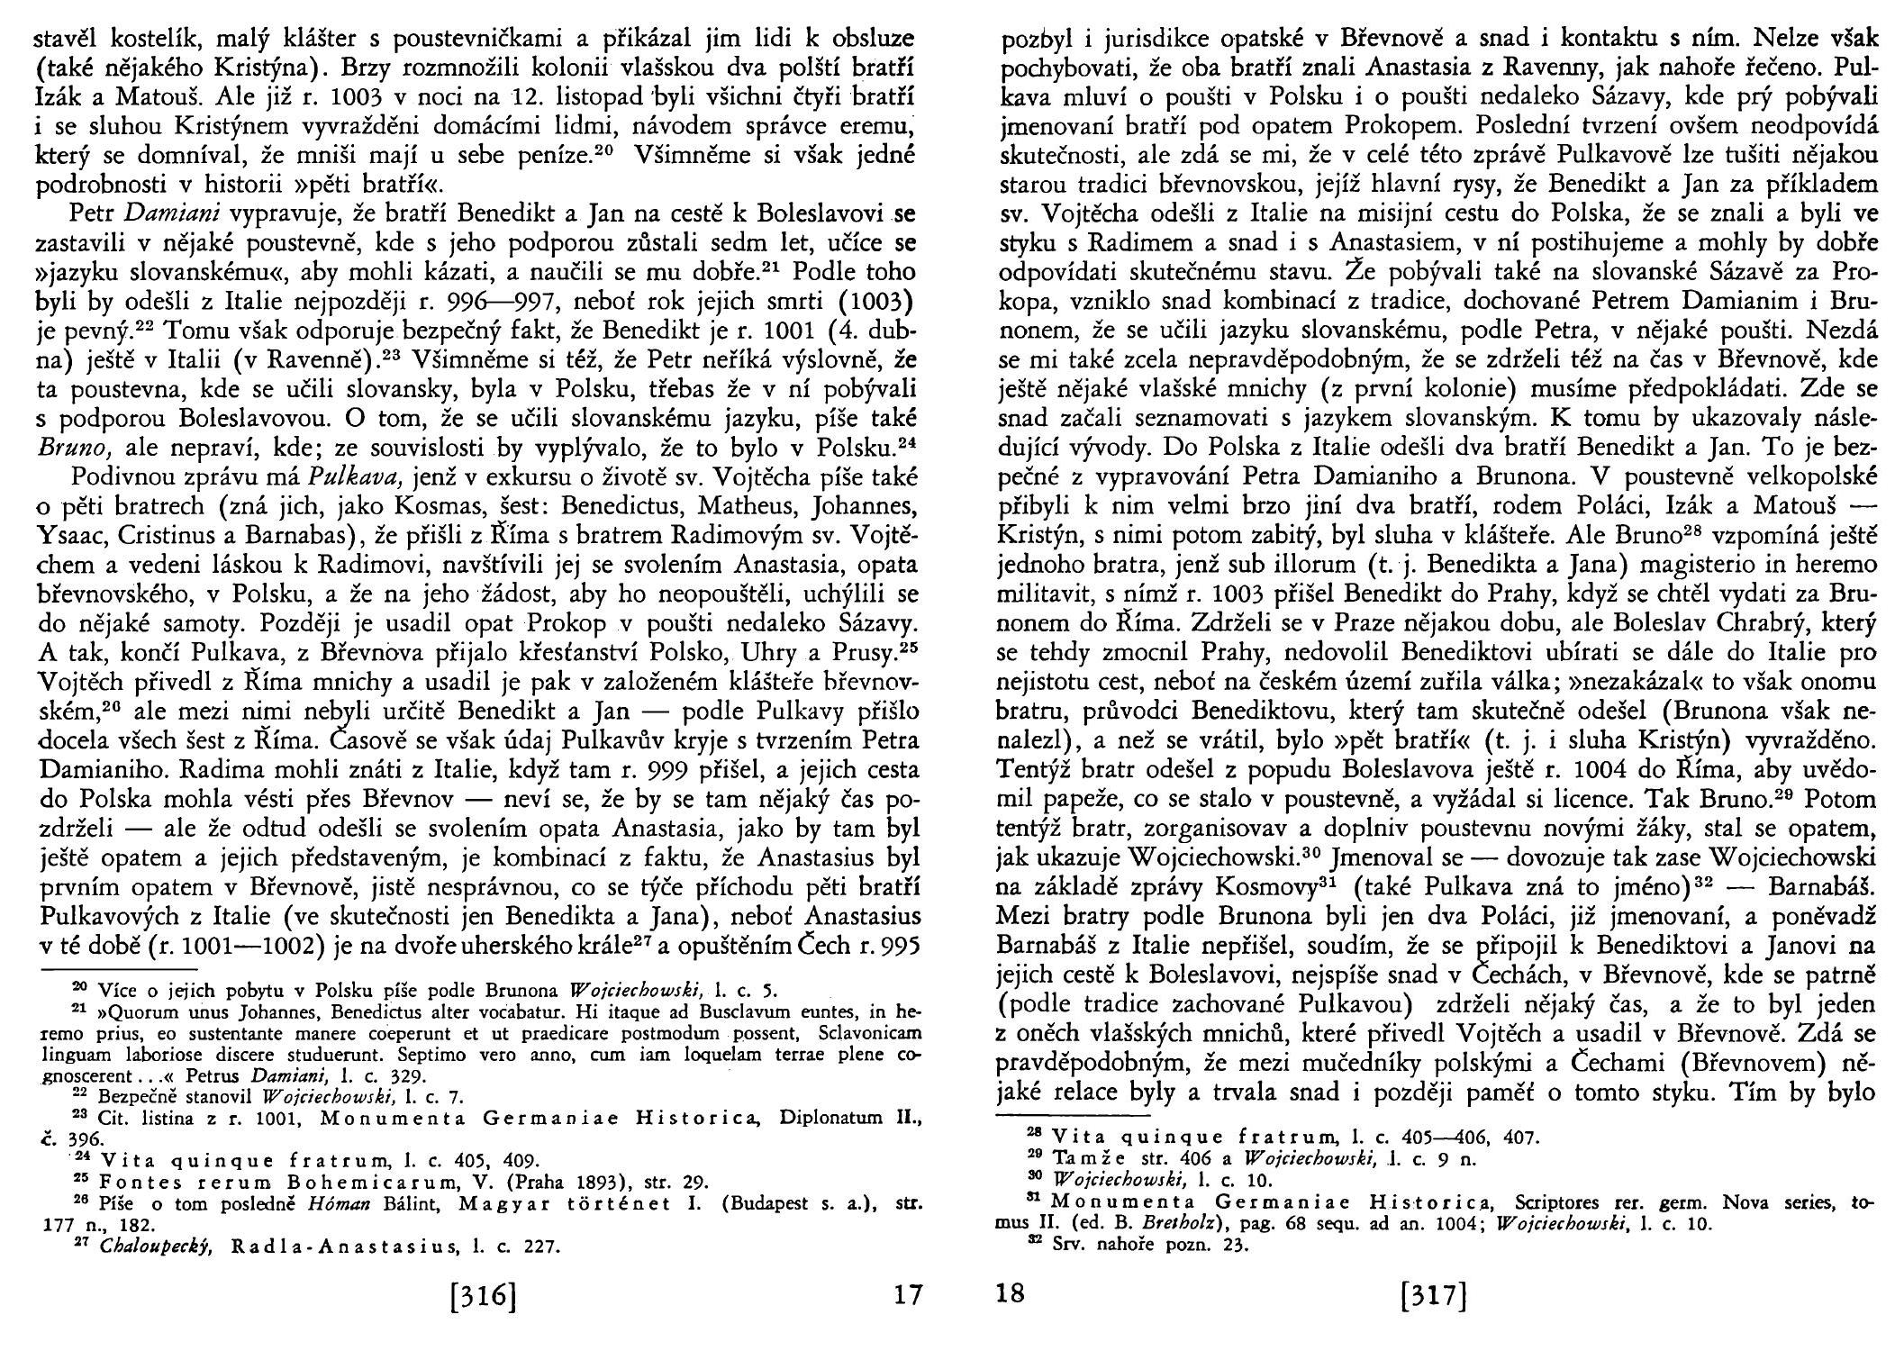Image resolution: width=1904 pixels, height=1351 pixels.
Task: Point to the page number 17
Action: point(907,1296)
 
